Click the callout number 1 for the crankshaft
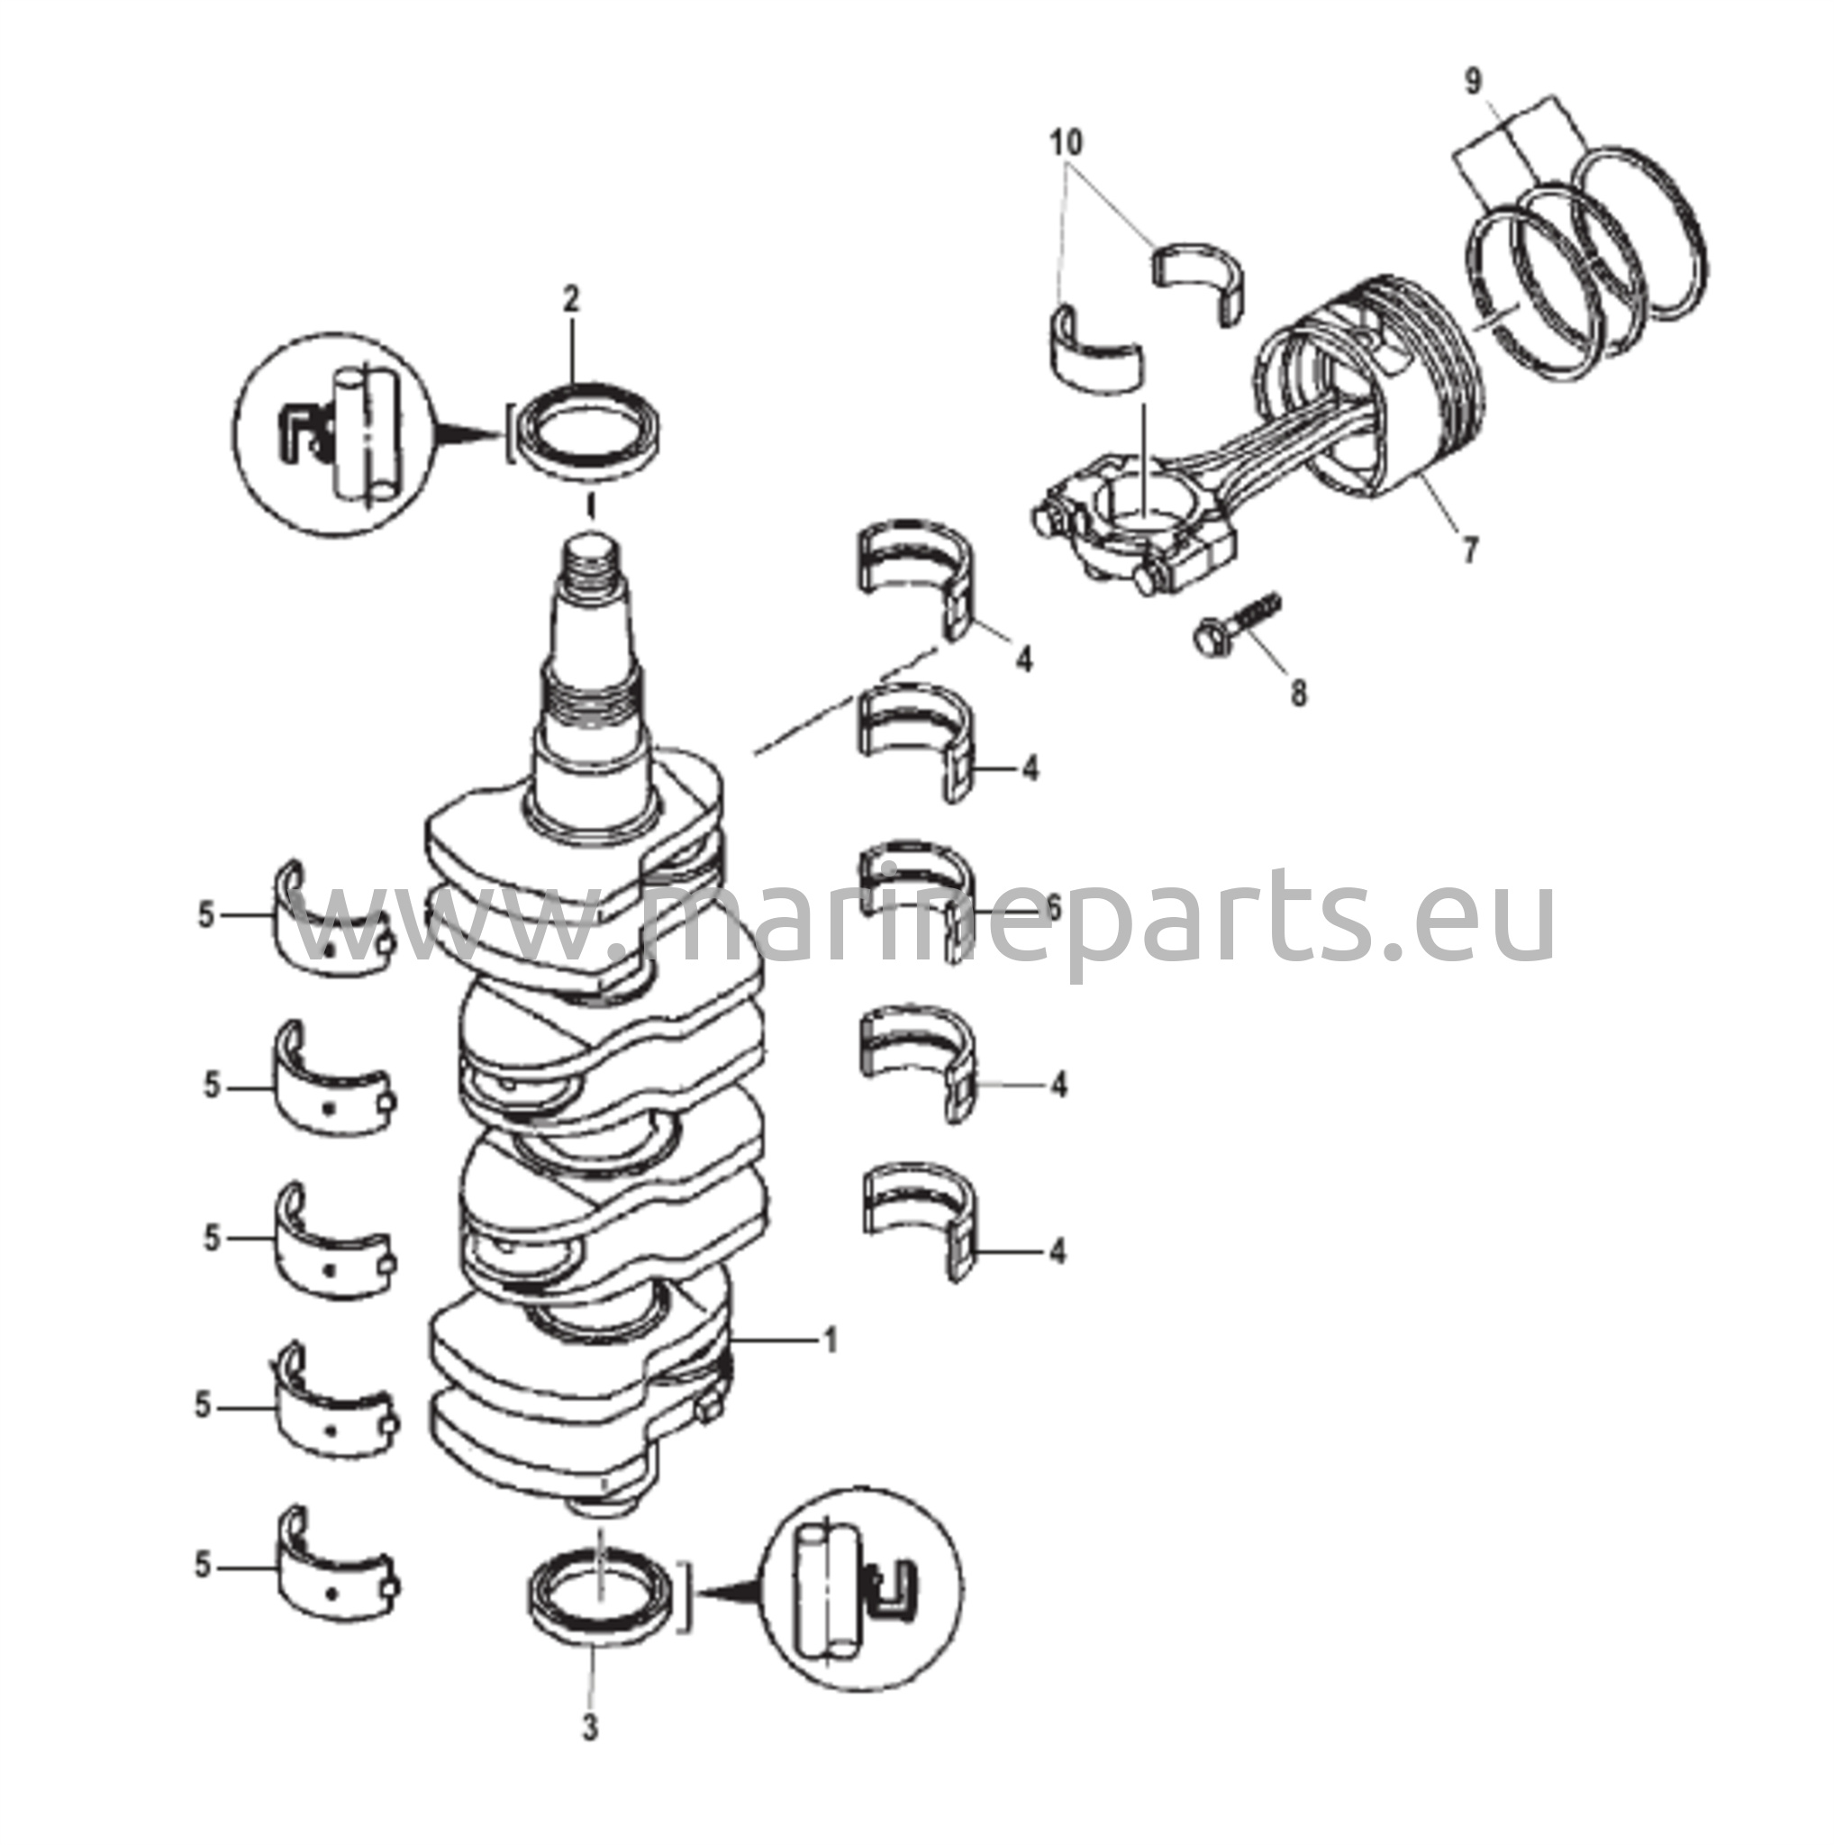pyautogui.click(x=830, y=1341)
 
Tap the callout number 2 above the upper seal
pyautogui.click(x=570, y=300)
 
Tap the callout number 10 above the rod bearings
pyautogui.click(x=1067, y=144)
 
